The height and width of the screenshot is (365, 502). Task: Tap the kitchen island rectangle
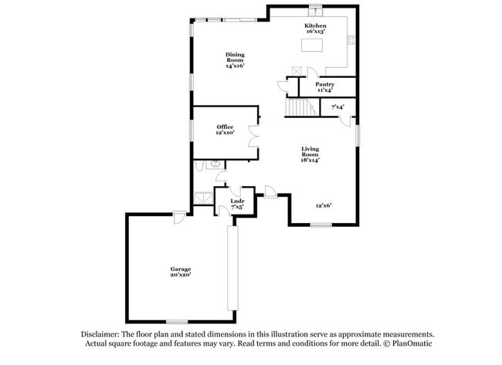click(312, 46)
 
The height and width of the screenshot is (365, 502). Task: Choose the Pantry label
click(324, 84)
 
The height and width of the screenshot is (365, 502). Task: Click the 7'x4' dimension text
click(337, 106)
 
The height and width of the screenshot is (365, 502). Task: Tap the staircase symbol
click(302, 108)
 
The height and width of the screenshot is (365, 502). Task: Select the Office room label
click(225, 127)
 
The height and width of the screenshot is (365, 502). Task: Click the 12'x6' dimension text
click(324, 206)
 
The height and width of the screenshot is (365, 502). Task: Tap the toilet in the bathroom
click(199, 164)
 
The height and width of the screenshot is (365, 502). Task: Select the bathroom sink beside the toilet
click(214, 164)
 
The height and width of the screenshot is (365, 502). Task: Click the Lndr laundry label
click(237, 201)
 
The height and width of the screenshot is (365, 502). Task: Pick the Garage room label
click(181, 269)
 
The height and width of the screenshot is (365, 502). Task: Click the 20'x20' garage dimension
click(181, 275)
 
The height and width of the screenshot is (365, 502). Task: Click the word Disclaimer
click(100, 334)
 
